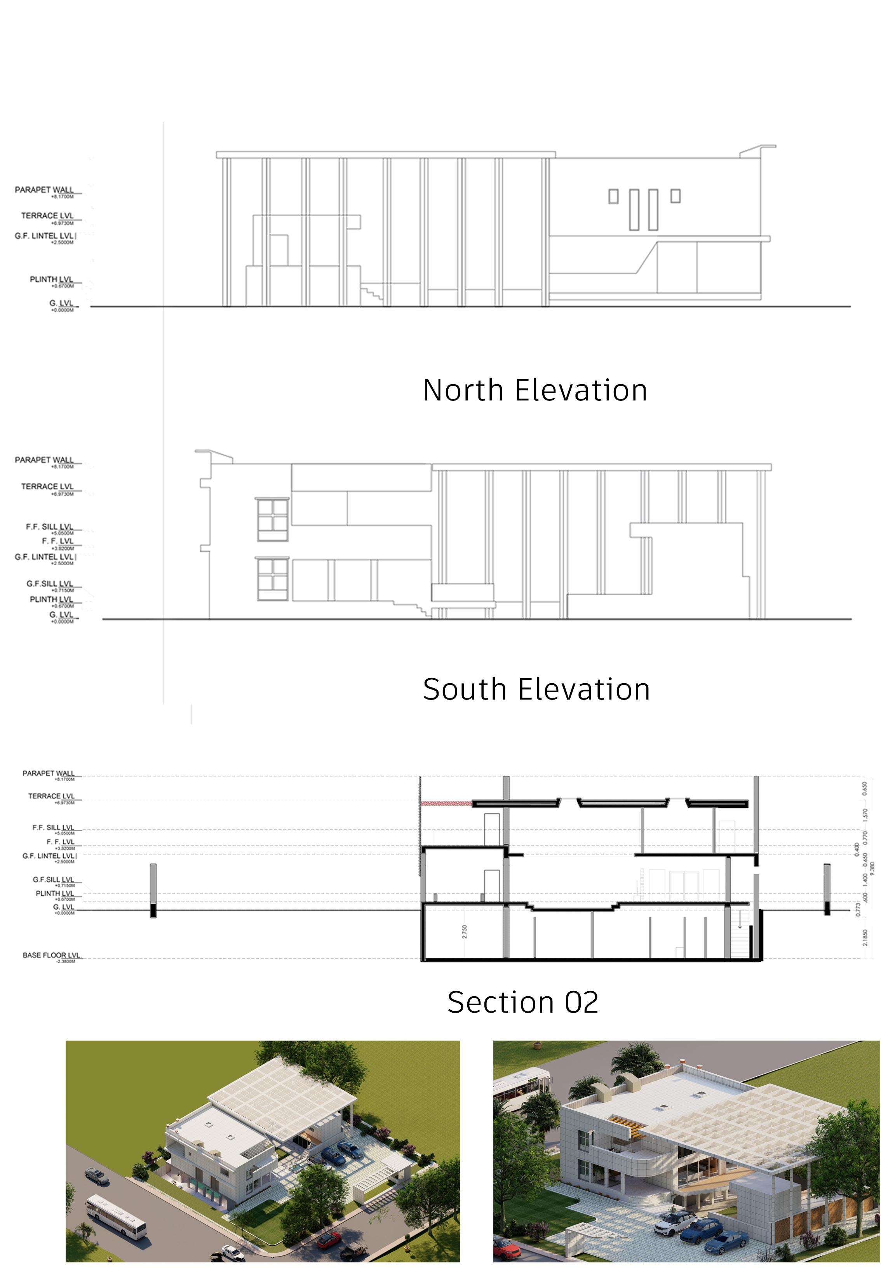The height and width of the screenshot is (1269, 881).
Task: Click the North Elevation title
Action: click(535, 390)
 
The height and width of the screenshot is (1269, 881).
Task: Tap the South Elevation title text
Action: click(536, 689)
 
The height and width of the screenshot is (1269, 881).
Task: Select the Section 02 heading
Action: click(522, 1002)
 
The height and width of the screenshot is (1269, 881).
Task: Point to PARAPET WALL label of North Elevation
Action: click(44, 190)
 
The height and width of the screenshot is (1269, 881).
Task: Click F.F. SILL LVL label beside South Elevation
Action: click(50, 527)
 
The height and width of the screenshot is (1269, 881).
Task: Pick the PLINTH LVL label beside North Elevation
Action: click(51, 279)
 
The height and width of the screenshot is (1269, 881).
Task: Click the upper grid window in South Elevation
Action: click(273, 520)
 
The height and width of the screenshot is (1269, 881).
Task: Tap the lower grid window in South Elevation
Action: click(273, 580)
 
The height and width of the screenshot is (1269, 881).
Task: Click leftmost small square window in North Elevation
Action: click(613, 197)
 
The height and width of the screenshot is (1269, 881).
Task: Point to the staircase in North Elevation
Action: click(371, 292)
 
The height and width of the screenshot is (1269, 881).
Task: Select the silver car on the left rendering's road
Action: click(97, 1176)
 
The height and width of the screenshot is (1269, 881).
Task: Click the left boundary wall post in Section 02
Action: click(153, 890)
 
